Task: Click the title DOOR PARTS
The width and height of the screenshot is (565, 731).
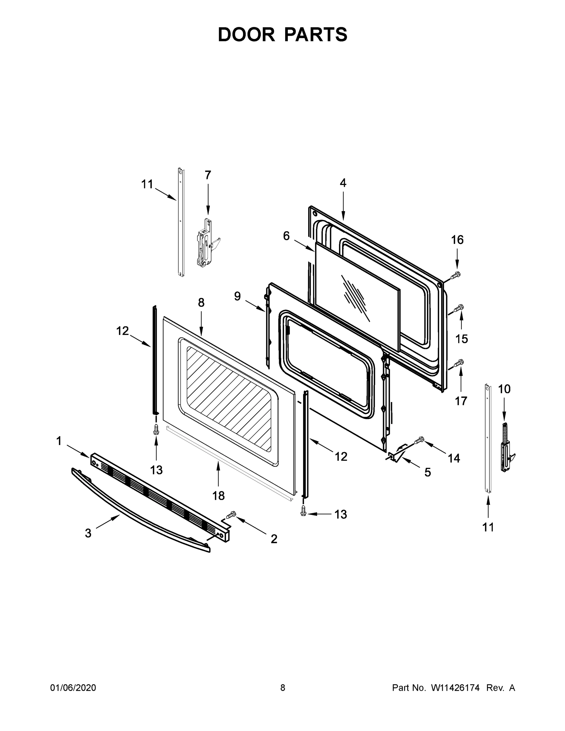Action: (x=283, y=35)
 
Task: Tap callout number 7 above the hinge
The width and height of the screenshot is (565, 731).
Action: (x=208, y=175)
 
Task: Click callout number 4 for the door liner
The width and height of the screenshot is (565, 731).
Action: (x=343, y=183)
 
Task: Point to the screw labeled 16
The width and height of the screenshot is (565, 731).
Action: (x=456, y=275)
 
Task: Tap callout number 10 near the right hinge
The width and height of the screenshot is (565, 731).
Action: (x=504, y=389)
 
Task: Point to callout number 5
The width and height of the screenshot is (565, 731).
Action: (x=427, y=473)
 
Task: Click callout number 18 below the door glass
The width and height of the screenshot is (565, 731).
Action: (x=219, y=496)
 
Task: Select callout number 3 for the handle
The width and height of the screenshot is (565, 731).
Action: (x=88, y=534)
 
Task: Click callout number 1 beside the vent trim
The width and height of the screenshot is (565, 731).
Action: (x=59, y=441)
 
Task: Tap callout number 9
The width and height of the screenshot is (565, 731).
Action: (x=237, y=296)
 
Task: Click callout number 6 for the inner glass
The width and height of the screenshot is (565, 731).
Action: (x=286, y=236)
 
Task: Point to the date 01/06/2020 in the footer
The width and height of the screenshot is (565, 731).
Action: (x=73, y=688)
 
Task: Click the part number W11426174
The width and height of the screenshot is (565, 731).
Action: (x=455, y=688)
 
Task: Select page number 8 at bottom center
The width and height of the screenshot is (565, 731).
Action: (x=283, y=688)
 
